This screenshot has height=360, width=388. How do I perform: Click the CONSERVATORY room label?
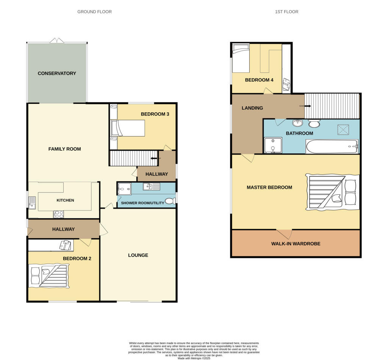[x=57, y=73]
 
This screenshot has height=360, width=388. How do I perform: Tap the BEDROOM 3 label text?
[x=155, y=114]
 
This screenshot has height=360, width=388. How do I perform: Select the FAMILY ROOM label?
[x=64, y=149]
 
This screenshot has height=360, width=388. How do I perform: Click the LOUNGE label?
[x=138, y=255]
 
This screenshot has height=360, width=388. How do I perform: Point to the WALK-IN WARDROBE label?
[x=296, y=244]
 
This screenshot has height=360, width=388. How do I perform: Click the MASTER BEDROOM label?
[x=269, y=187]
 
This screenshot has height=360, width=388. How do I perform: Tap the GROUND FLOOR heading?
[x=94, y=12]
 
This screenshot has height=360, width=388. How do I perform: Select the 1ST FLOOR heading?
[x=286, y=12]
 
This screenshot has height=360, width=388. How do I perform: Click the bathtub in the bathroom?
[x=332, y=146]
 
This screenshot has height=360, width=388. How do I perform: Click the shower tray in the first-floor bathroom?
[x=273, y=145]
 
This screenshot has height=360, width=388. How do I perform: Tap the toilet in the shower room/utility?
[x=171, y=201]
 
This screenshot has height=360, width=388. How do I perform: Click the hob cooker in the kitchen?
[x=59, y=214]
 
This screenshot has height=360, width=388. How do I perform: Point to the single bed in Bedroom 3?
[x=128, y=128]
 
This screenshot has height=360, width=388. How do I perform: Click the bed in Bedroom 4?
[x=241, y=58]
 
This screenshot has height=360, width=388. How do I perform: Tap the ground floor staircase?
[x=133, y=158]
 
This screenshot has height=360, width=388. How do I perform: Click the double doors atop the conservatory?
[x=57, y=40]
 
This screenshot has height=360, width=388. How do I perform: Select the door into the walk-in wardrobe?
[x=284, y=233]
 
